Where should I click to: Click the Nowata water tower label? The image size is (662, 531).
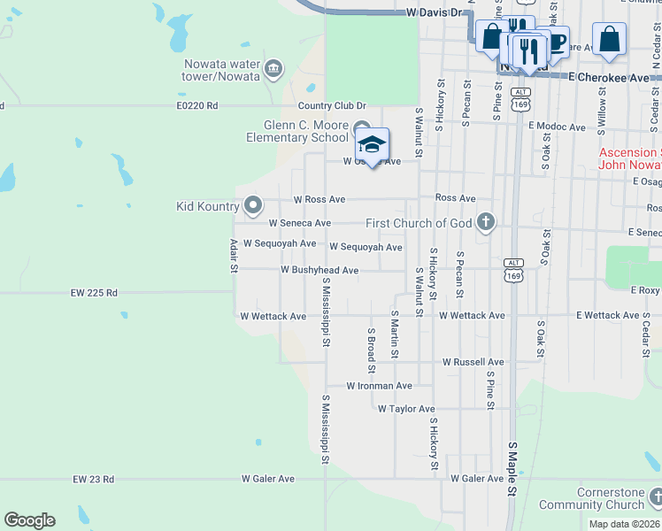[221, 70]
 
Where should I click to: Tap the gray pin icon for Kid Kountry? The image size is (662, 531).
[253, 206]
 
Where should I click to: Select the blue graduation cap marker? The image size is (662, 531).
[372, 145]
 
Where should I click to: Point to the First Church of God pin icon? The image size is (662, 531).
[485, 222]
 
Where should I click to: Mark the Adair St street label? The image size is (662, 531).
[234, 255]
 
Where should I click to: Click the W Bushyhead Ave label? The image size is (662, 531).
[319, 270]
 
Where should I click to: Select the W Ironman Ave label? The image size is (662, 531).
[379, 386]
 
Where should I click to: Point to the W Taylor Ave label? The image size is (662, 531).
[406, 409]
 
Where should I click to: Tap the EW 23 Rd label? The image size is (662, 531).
[94, 479]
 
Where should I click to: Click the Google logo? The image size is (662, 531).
[29, 520]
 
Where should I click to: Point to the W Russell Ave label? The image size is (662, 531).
[473, 362]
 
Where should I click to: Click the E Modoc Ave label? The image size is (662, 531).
[557, 127]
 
